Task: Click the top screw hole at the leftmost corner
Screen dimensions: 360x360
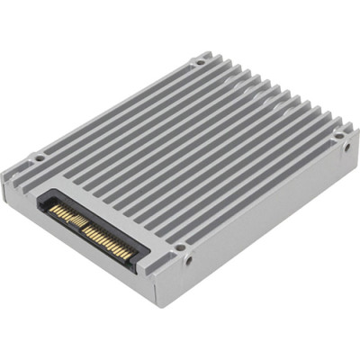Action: (x=39, y=159)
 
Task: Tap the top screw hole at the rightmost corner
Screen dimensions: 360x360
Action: (x=338, y=137)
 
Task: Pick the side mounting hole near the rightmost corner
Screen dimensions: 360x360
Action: (x=346, y=146)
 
